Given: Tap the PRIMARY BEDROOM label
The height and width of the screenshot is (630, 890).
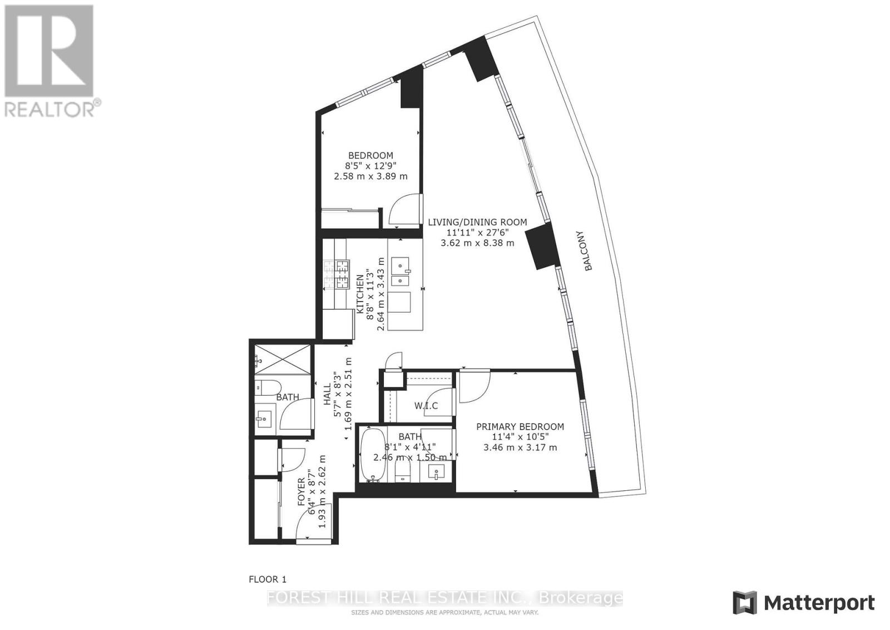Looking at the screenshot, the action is tap(520, 426).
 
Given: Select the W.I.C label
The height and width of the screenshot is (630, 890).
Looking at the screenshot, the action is tap(426, 406).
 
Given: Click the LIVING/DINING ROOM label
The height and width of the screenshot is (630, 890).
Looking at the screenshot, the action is tap(477, 222).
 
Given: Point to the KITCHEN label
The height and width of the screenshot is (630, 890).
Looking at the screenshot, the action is tap(360, 294).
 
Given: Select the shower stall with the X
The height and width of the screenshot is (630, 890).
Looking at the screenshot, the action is tap(283, 360).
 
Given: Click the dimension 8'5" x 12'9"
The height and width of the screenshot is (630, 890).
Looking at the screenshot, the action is tap(370, 166).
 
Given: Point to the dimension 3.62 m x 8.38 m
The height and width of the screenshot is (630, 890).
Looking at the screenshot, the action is tap(477, 243).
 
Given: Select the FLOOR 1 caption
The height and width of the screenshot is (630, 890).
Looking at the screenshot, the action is tap(268, 579).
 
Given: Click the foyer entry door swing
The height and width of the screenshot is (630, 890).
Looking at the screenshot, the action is tap(314, 525).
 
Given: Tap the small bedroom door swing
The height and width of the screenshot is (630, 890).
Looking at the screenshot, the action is tap(404, 209).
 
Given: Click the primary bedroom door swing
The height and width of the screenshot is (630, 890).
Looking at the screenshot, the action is tap(475, 386).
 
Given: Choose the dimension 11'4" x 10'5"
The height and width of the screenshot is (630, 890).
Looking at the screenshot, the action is tap(520, 437).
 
